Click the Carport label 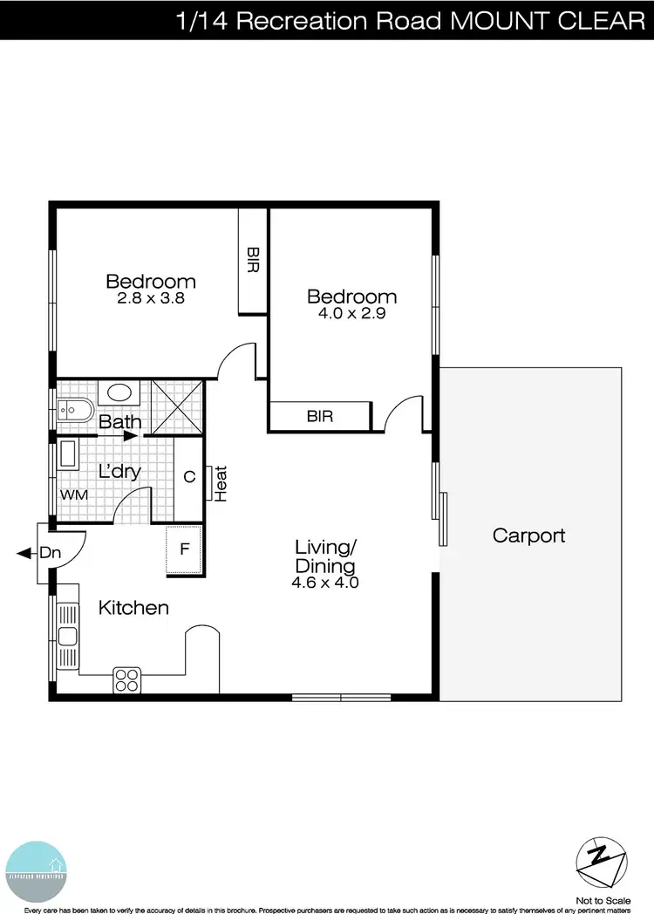[x=529, y=535]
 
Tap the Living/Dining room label [x=325, y=556]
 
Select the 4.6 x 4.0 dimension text [x=325, y=583]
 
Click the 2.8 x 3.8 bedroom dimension [x=151, y=298]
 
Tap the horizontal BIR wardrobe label [x=320, y=417]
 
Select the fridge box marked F [x=184, y=549]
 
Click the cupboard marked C [x=188, y=477]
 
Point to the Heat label [x=221, y=483]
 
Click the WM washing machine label [x=73, y=495]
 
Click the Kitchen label [x=133, y=608]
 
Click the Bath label [x=120, y=423]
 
